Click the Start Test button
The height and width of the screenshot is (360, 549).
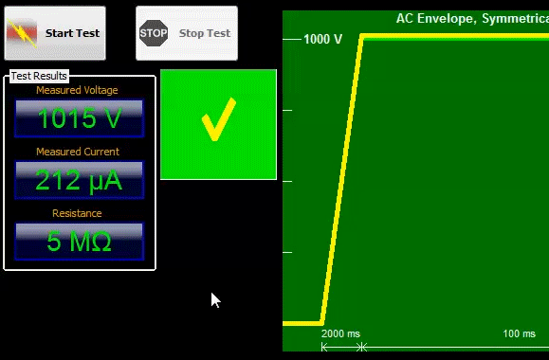pos(59,33)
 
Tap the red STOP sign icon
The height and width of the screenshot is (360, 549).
pos(153,33)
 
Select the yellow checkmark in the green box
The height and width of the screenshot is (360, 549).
pos(218,123)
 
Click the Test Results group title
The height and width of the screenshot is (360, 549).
pos(39,76)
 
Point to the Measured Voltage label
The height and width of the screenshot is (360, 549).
pos(77,90)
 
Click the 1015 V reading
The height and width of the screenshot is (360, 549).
pos(80,118)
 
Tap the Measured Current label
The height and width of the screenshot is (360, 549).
pos(78,152)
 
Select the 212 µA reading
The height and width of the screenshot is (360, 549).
pos(80,180)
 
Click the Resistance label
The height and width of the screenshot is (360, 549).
pos(79,213)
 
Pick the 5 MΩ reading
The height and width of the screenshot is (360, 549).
pos(80,242)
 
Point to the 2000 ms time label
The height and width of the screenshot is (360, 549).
pos(341,334)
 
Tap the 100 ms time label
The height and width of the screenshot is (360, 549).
pos(519,334)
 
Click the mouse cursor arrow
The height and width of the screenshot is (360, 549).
pos(214,299)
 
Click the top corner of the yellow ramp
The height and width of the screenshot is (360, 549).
pos(361,36)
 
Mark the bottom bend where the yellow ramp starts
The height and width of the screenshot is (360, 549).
pos(323,322)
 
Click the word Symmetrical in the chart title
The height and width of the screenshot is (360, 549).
pos(518,18)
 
